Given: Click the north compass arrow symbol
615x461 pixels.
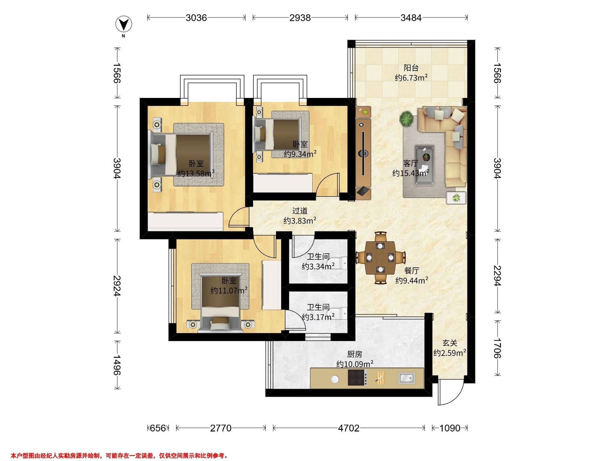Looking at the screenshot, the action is pos(124,24).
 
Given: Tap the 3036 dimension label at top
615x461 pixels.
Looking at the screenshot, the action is pos(196,18).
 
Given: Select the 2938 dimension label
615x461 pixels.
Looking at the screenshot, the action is pos(300,18).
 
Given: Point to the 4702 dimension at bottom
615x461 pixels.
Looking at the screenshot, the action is pos(349,428).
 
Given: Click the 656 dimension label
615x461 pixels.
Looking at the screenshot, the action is pos(158,428).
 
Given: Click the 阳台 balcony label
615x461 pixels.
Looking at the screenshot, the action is pos(411,68).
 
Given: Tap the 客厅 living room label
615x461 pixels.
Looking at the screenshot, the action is pos(411,163).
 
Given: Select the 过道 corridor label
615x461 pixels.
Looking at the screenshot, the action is pos(300,211).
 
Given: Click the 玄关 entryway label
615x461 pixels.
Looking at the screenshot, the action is pos(449,343).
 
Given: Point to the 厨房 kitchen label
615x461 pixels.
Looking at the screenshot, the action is pos(355,354).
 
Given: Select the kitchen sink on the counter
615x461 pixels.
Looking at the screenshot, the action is pos(406,378).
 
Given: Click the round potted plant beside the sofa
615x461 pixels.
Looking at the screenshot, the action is pos(406,119).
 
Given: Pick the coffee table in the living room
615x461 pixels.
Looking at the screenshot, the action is pos(425,165).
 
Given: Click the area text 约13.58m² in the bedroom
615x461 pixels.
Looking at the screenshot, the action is pos(196,173).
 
